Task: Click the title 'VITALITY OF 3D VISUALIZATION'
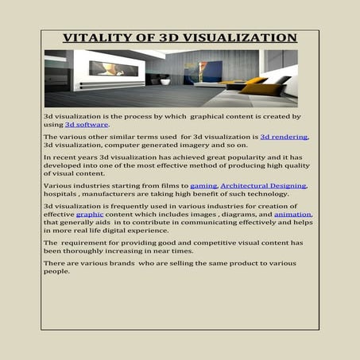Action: pyautogui.click(x=180, y=38)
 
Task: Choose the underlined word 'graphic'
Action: pyautogui.click(x=90, y=215)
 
